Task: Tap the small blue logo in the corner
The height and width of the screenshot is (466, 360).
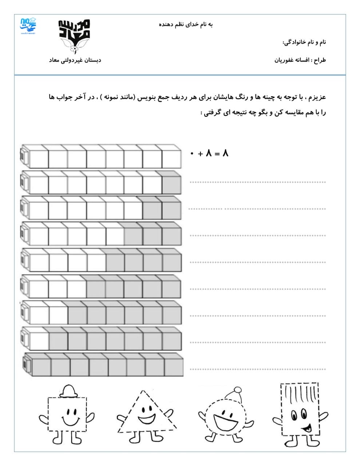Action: (28, 25)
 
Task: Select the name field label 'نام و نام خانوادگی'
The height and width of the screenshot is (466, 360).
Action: (304, 43)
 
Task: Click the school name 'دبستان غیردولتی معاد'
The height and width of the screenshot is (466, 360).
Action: (75, 60)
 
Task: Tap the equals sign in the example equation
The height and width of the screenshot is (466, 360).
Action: (217, 154)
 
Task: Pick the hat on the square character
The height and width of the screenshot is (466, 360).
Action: (68, 392)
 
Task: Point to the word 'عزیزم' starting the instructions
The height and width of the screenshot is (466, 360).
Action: (318, 98)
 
